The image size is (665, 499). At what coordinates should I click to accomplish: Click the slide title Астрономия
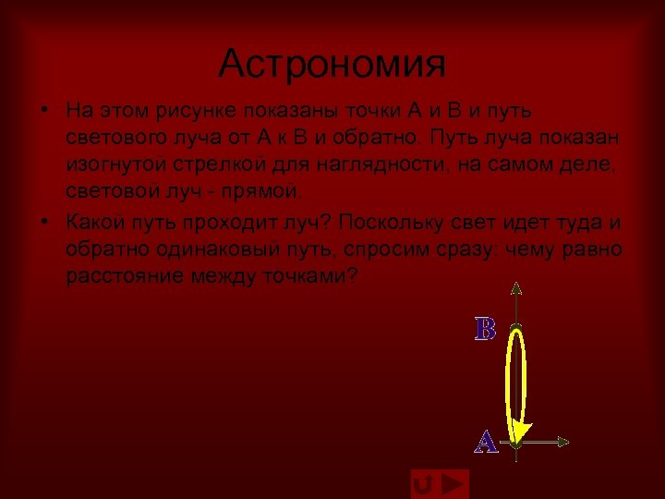[332, 64]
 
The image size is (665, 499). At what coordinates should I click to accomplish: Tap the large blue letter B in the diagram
[485, 329]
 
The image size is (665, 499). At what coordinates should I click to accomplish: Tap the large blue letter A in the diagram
[486, 442]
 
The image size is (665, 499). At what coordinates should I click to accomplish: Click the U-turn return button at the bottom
[424, 484]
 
